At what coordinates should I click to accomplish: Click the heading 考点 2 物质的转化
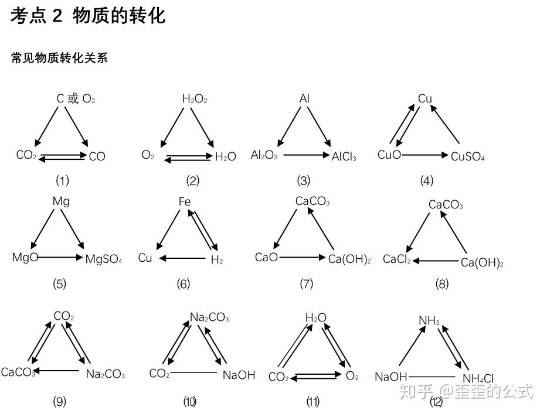pos(88,16)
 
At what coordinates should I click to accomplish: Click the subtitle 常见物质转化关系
pos(59,58)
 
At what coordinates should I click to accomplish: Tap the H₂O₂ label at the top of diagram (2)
pos(195,100)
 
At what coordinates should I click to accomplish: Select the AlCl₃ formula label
pos(344,156)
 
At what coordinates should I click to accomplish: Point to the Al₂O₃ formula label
pos(264,155)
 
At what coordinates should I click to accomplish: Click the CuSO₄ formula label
pos(467,156)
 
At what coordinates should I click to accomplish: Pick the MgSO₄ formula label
pos(104,259)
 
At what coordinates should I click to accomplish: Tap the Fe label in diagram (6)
pos(185,202)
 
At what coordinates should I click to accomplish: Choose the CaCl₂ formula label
pos(397,259)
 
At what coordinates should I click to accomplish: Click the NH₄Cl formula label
pos(478,378)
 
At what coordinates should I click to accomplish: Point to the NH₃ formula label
pos(429,321)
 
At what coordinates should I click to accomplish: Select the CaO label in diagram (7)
pos(266,257)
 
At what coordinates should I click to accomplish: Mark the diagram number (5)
pos(60,284)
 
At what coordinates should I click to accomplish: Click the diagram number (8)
pos(442,284)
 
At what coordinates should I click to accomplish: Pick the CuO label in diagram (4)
pos(389,155)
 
